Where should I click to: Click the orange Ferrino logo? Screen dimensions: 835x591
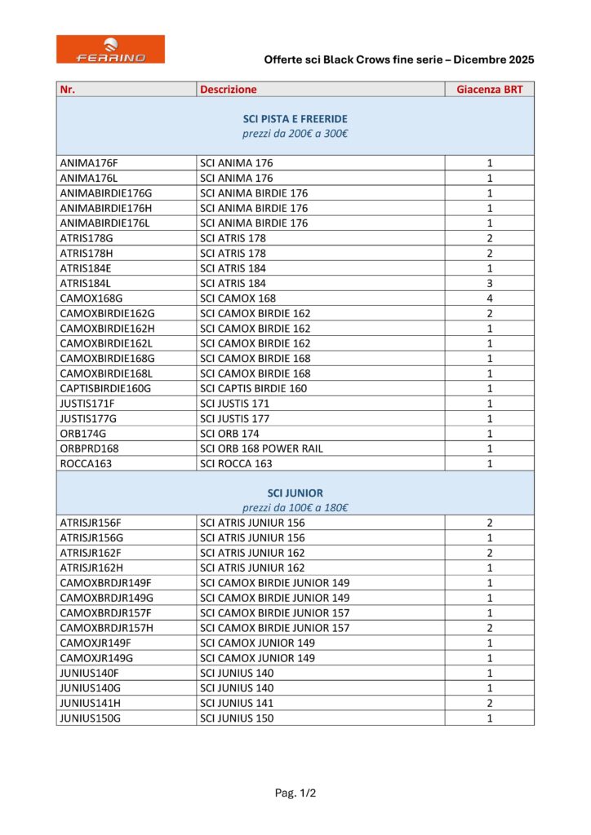[x=110, y=49]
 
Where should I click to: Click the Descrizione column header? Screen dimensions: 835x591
[x=228, y=90]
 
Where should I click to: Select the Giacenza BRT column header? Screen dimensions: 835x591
[x=490, y=90]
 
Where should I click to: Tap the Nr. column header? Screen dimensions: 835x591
[x=68, y=90]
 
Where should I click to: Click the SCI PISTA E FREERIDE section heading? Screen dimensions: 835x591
[x=295, y=119]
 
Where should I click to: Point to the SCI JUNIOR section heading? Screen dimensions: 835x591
[x=295, y=493]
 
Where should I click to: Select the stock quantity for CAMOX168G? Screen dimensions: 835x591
[x=490, y=298]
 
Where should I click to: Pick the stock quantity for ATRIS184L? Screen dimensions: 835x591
[x=490, y=283]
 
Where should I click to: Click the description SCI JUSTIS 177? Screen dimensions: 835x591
[x=235, y=418]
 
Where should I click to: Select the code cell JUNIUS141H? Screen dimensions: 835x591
[x=90, y=703]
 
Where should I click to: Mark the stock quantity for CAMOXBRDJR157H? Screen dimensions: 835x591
[x=490, y=628]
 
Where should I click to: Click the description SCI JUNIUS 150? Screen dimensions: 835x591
[x=237, y=718]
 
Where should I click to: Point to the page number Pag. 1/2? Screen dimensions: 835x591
[x=295, y=793]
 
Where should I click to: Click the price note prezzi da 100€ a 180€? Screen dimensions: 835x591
[x=295, y=508]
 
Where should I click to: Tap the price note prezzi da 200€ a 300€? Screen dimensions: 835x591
[x=295, y=134]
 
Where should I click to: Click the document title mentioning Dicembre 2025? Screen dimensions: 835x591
[x=399, y=60]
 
